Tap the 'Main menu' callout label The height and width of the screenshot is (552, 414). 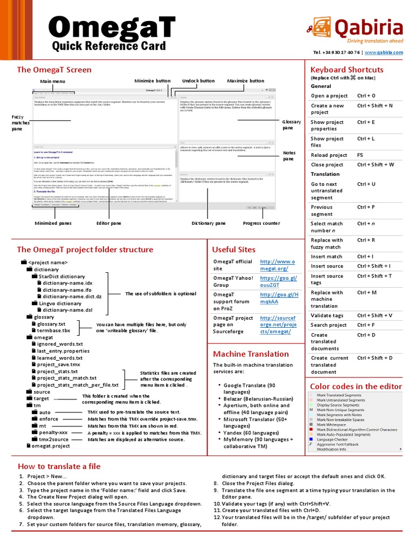point(52,81)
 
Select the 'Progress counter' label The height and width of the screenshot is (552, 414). point(261,223)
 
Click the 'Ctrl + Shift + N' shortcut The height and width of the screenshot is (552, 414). point(375,106)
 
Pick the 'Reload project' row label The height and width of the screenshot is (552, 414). point(329,155)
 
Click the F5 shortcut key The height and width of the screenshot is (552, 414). point(360,155)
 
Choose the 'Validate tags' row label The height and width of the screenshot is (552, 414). point(327,315)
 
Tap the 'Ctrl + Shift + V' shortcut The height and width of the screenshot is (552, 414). point(375,315)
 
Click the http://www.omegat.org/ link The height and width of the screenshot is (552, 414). point(278,265)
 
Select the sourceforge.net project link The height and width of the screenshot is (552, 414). point(278,325)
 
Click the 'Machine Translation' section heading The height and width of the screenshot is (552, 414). point(251,354)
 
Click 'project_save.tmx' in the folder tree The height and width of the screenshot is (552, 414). point(58,364)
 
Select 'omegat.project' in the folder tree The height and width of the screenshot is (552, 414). point(51,446)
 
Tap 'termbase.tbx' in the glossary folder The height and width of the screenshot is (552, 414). point(53,330)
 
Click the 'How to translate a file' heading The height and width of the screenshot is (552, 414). point(59,466)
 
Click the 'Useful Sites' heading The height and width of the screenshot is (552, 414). point(234,250)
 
